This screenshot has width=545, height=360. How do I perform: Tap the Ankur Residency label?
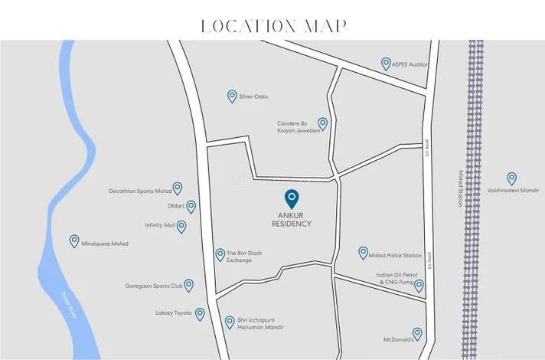click(292, 219)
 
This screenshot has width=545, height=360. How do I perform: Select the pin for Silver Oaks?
click(232, 96)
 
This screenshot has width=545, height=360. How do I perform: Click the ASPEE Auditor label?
click(410, 65)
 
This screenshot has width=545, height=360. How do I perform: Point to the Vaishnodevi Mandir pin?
click(511, 178)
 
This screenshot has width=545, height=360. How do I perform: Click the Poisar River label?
click(70, 303)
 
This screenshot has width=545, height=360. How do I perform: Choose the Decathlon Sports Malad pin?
click(178, 188)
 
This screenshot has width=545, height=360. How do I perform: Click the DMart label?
click(176, 207)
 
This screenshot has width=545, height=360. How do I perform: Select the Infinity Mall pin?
click(183, 225)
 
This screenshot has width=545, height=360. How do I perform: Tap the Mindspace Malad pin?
click(74, 241)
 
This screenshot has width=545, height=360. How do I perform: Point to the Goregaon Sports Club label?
click(154, 286)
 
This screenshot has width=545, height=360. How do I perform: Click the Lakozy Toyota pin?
click(200, 313)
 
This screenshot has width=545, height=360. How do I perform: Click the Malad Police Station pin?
click(363, 253)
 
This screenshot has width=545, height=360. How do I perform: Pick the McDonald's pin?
click(417, 334)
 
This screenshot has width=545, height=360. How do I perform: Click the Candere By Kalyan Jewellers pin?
click(323, 123)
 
